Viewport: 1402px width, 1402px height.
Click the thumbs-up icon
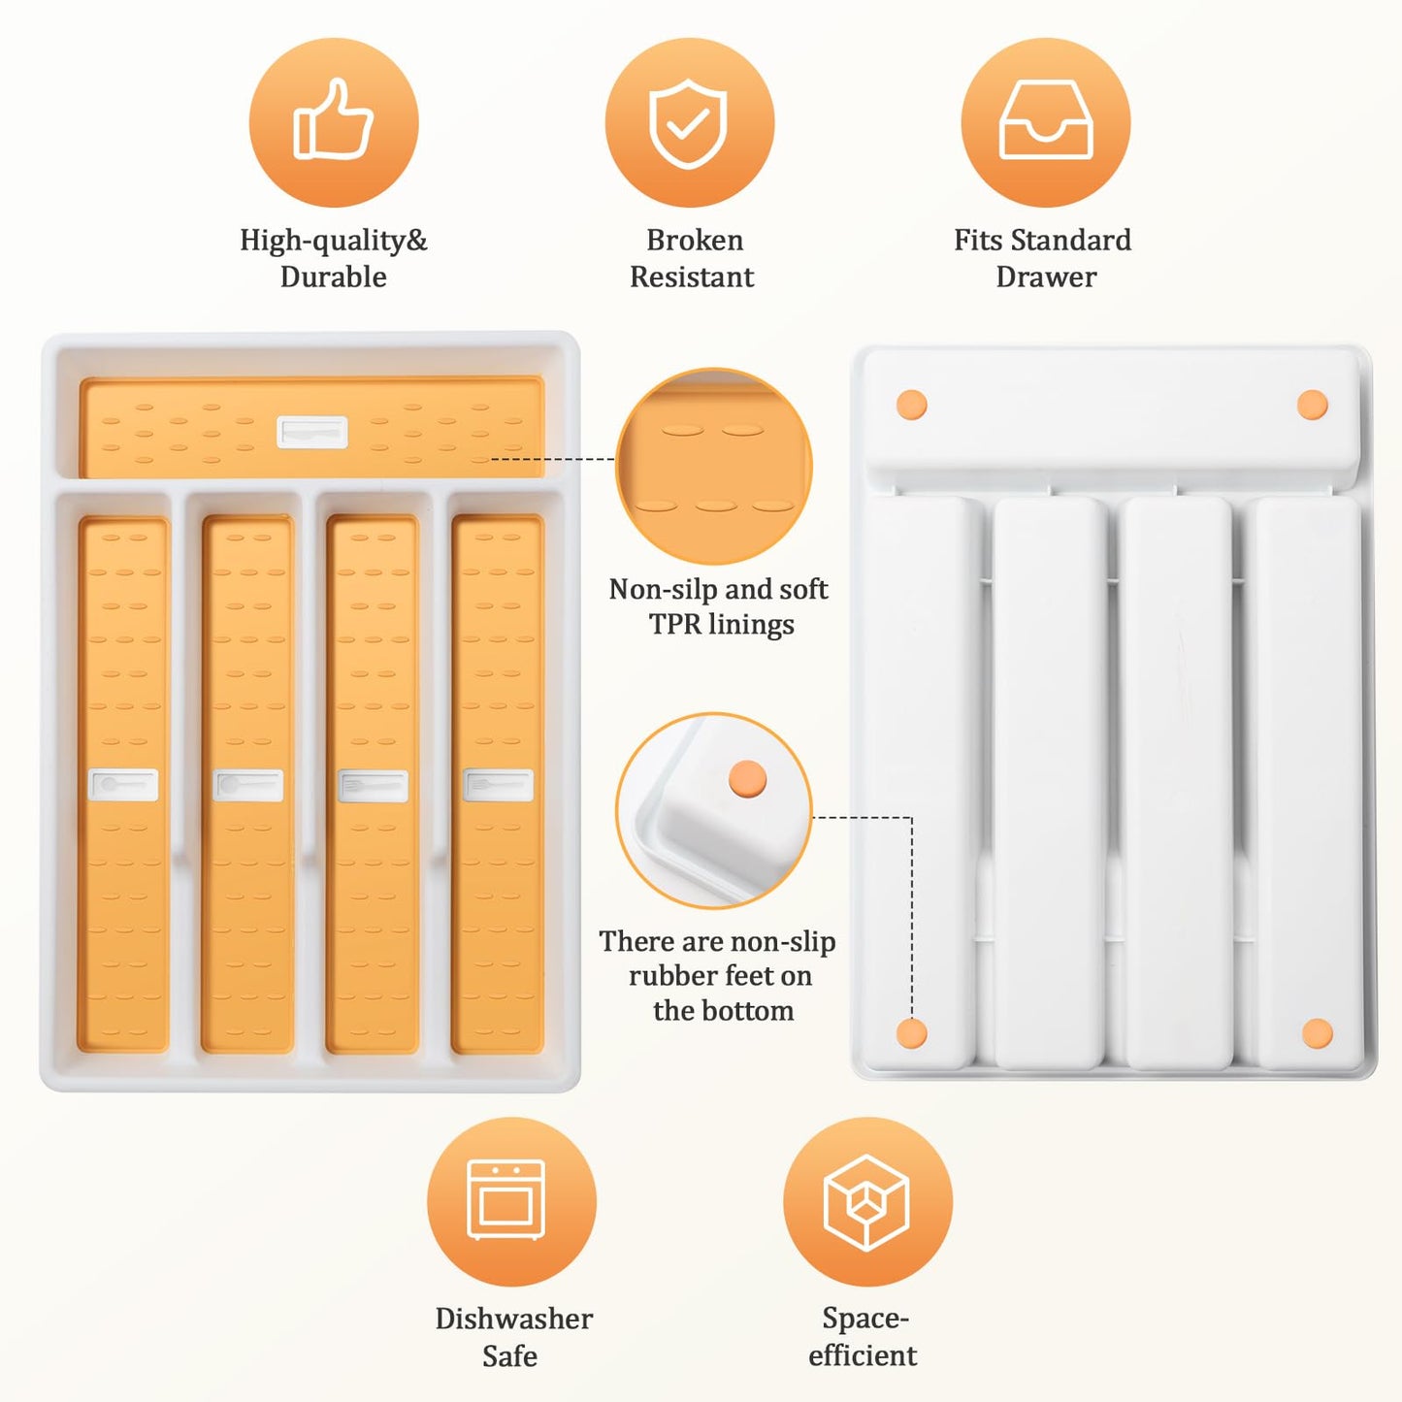pos(333,119)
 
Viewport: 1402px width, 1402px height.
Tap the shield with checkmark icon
pos(688,123)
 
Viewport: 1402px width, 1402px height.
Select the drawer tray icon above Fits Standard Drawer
pos(1046,120)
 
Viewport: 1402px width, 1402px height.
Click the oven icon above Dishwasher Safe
pos(505,1200)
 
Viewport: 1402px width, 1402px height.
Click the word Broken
pos(695,240)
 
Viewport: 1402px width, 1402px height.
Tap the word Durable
pos(333,277)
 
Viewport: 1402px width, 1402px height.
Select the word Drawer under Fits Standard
pos(1046,277)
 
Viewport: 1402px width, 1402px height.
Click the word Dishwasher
pos(513,1320)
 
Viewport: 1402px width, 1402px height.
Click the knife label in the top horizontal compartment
pos(312,433)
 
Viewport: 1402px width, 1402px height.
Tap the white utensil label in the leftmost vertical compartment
pos(123,785)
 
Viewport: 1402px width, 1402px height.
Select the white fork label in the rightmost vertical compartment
pos(499,785)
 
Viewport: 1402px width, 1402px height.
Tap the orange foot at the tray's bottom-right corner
pos(1317,1033)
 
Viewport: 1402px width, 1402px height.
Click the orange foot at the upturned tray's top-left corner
pos(912,405)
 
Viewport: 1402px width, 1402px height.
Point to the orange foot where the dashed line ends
pos(912,1033)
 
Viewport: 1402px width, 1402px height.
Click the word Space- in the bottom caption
pos(865,1319)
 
